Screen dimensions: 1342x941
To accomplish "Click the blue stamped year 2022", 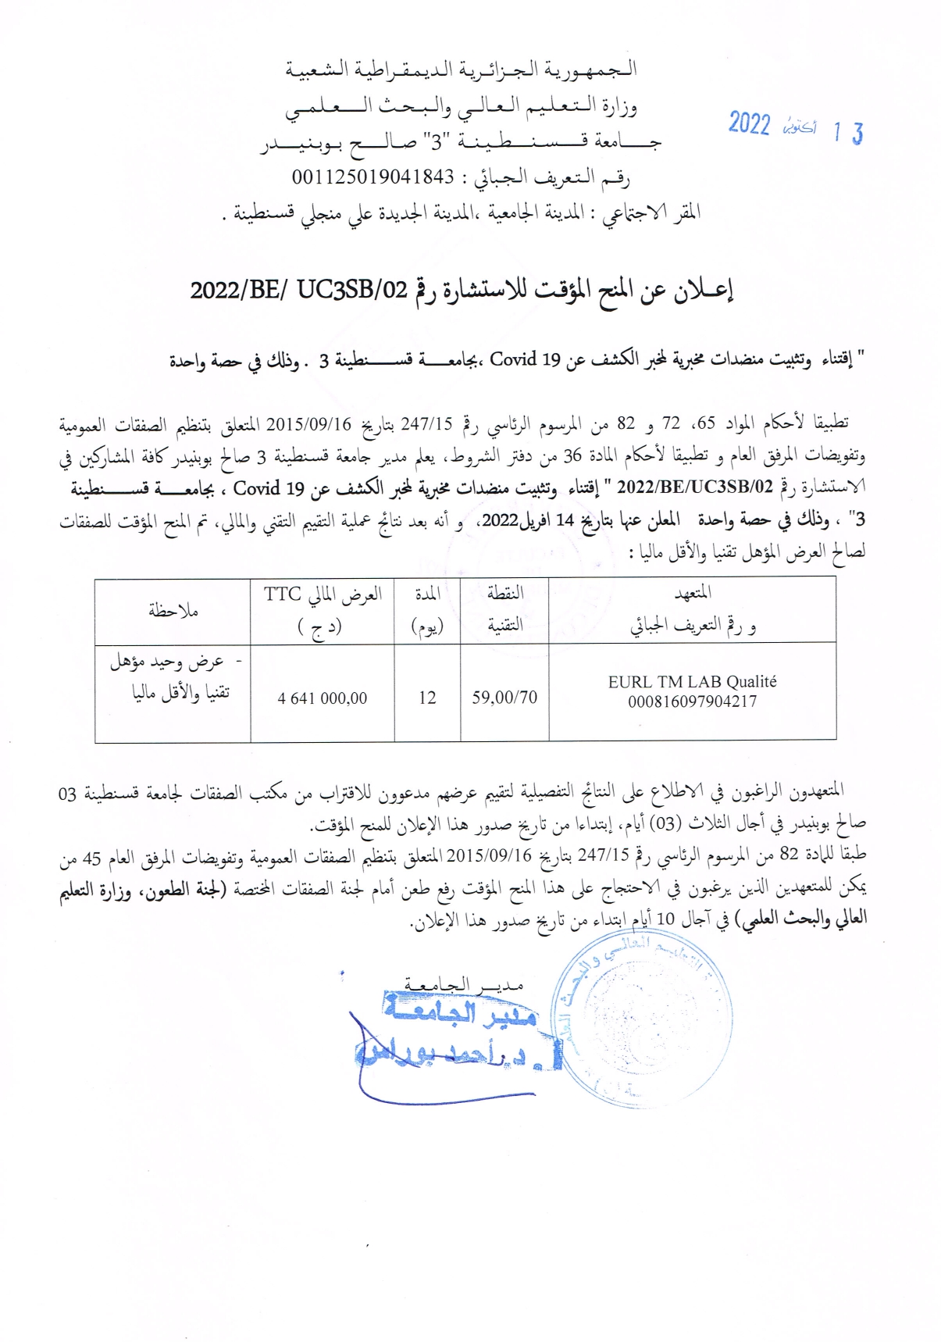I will coord(749,125).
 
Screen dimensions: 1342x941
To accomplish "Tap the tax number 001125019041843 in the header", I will coord(373,177).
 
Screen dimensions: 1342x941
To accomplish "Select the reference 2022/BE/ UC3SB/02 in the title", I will coord(299,291).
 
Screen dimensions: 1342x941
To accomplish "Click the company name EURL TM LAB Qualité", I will coord(692,682).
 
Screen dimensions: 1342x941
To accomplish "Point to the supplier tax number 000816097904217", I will coord(692,701).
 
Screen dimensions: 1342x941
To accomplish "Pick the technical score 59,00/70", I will coord(504,698).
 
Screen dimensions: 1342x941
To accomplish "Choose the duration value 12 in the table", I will coord(427,698).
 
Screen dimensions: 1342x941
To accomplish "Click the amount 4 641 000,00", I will coord(323,698).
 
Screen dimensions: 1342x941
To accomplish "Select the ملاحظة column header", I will coord(173,611).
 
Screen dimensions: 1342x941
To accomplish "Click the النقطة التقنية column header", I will coord(504,609).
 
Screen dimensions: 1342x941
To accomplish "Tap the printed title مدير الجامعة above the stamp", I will coord(464,983).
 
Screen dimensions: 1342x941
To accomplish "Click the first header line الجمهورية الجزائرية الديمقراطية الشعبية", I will coord(461,70).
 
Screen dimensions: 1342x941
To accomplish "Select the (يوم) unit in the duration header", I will coord(427,627).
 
